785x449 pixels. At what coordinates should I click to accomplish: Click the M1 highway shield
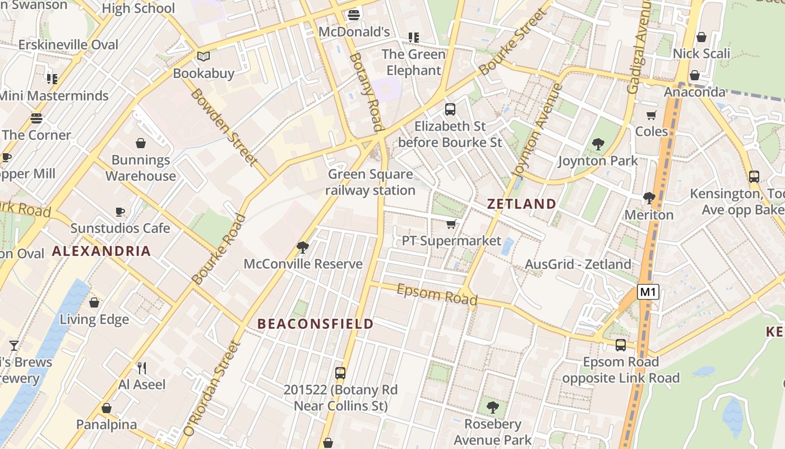[x=648, y=292]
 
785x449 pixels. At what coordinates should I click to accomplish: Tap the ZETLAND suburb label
[x=521, y=204]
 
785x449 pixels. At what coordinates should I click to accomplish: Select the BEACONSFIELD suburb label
[x=315, y=324]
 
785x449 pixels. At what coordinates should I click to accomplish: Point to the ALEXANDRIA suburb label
[x=101, y=251]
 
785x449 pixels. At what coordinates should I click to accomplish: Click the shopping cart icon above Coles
[x=651, y=116]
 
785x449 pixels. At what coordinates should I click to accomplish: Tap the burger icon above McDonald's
[x=353, y=15]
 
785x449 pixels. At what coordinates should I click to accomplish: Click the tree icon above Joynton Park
[x=598, y=144]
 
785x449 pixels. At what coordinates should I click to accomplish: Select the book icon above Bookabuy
[x=203, y=57]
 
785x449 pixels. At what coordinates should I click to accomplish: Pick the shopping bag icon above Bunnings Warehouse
[x=141, y=143]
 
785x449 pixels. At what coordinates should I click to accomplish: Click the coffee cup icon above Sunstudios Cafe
[x=119, y=212]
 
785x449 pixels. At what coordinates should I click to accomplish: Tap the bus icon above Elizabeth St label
[x=450, y=109]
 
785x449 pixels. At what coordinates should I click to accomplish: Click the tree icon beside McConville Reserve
[x=303, y=247]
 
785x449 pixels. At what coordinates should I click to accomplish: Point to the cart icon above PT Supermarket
[x=451, y=224]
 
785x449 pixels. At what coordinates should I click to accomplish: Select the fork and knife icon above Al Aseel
[x=142, y=368]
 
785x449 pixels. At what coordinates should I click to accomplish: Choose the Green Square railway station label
[x=371, y=182]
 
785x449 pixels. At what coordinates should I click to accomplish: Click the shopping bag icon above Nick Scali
[x=701, y=37]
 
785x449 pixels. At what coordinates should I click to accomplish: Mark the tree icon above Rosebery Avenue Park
[x=492, y=407]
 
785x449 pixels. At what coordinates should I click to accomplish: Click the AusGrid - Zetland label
[x=578, y=264]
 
